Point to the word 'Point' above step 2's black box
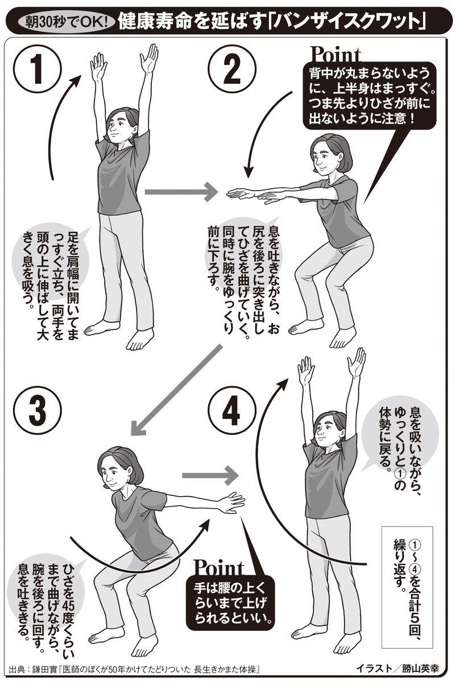click(x=336, y=55)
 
